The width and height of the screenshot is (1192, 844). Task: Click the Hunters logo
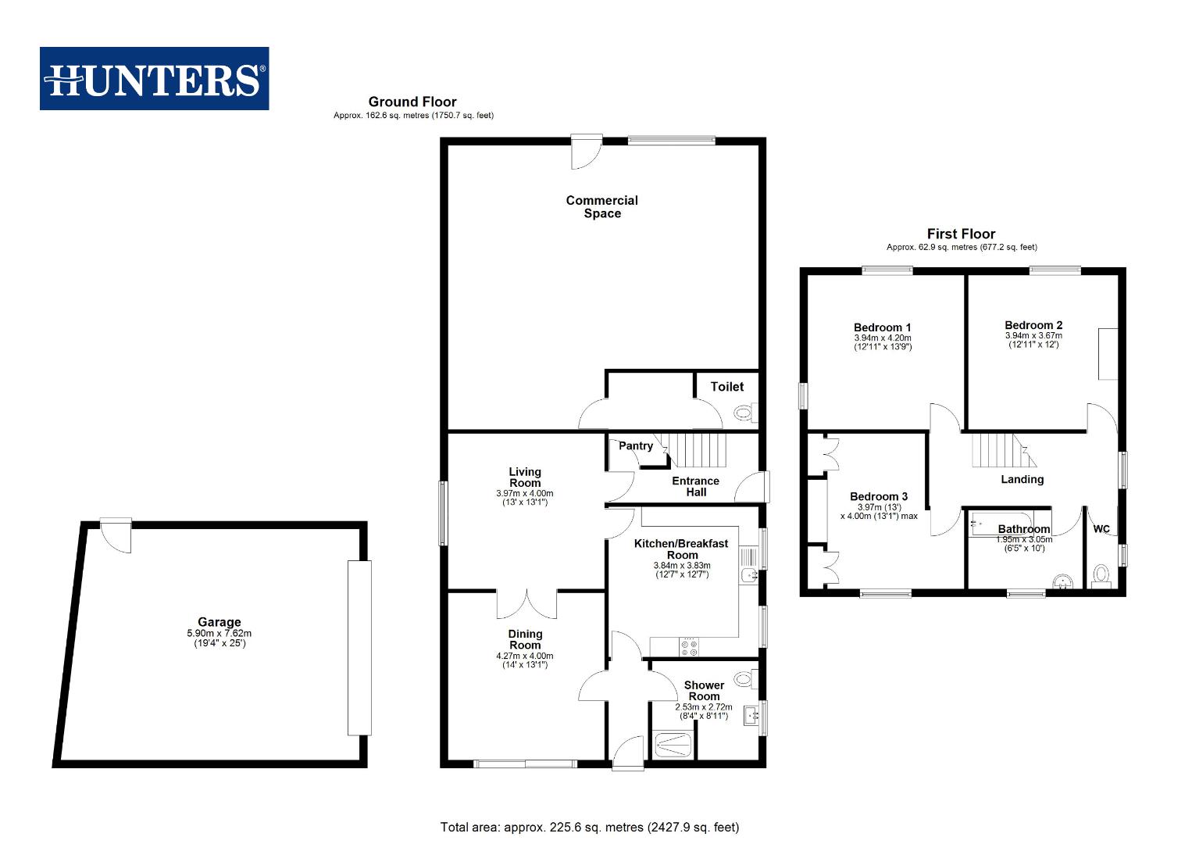click(155, 78)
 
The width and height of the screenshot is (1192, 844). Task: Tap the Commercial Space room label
click(601, 207)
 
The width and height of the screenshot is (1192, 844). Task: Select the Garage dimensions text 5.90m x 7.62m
click(219, 634)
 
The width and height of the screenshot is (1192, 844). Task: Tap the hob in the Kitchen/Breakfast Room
click(690, 647)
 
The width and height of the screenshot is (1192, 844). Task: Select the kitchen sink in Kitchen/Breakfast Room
click(748, 576)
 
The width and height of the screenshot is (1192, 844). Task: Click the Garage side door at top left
click(117, 536)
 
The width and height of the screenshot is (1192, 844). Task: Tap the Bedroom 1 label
click(882, 327)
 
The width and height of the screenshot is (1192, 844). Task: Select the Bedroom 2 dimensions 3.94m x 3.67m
click(1033, 335)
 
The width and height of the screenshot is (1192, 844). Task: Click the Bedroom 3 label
click(879, 496)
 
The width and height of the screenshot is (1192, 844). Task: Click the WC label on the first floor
click(1101, 529)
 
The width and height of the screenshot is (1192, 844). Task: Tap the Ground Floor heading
click(412, 102)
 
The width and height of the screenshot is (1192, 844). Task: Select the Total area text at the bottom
click(589, 827)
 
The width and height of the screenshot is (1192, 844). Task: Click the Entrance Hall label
click(695, 486)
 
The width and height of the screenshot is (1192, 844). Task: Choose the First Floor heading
click(961, 234)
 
